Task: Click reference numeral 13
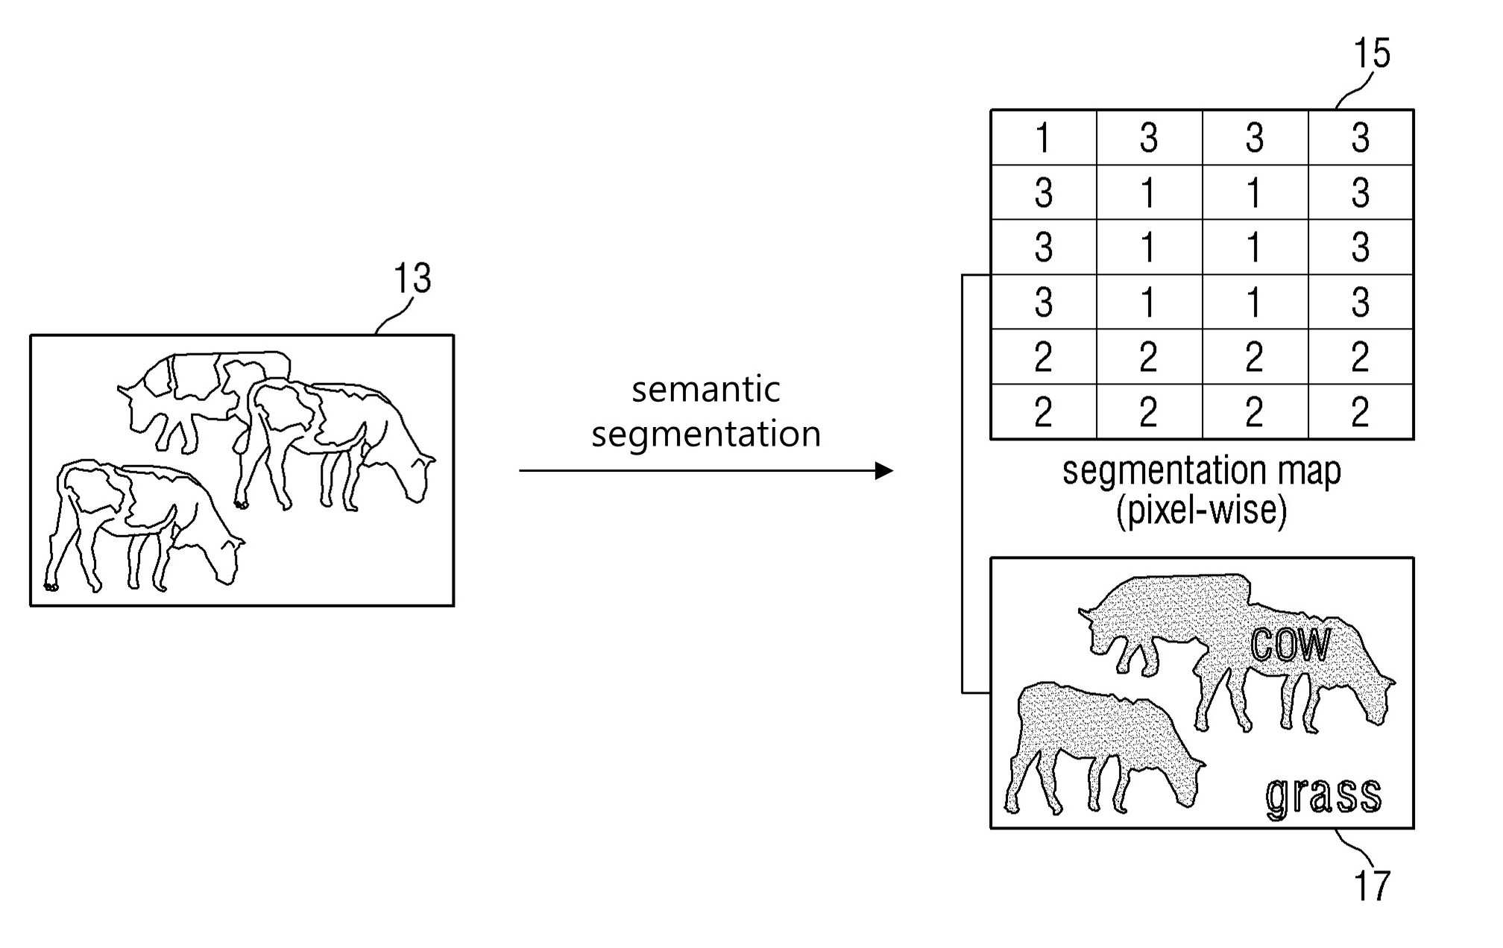pyautogui.click(x=412, y=279)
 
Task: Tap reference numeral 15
pyautogui.click(x=1372, y=54)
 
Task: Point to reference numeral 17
pyautogui.click(x=1372, y=885)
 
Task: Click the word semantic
pyautogui.click(x=705, y=389)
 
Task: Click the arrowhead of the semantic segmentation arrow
pyautogui.click(x=884, y=470)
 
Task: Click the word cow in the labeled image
pyautogui.click(x=1291, y=644)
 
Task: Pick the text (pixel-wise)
pyautogui.click(x=1201, y=511)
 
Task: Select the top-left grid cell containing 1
pyautogui.click(x=1044, y=138)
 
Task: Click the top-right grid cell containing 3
pyautogui.click(x=1361, y=138)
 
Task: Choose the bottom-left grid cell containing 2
pyautogui.click(x=1044, y=411)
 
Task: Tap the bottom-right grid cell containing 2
pyautogui.click(x=1361, y=411)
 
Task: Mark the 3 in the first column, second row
pyautogui.click(x=1044, y=193)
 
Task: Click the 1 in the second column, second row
pyautogui.click(x=1149, y=193)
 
